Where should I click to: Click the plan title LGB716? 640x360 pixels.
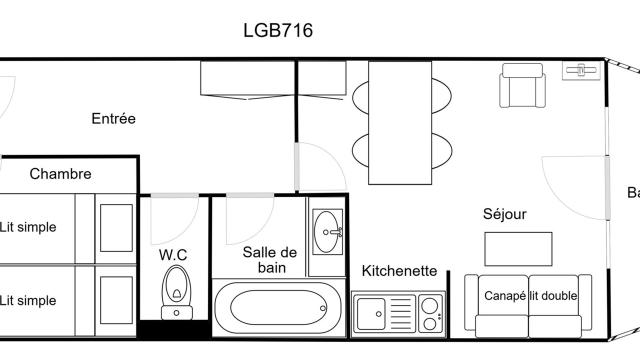click(278, 30)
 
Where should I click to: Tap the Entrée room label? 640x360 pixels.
click(113, 118)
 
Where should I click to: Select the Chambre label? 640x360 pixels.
click(60, 173)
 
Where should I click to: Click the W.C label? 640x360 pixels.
click(173, 255)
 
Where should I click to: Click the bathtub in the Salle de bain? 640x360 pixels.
click(277, 308)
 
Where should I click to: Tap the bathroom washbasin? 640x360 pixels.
click(327, 231)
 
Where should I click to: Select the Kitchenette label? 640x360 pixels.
click(399, 271)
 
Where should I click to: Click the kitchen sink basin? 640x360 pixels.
click(371, 313)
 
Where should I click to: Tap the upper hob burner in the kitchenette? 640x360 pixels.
click(429, 305)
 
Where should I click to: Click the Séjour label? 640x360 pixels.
click(504, 214)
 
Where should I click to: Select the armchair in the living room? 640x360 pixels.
click(522, 85)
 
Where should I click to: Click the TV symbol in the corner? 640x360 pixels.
click(581, 70)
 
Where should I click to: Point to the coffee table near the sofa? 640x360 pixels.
click(518, 249)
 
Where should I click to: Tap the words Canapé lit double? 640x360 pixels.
click(530, 296)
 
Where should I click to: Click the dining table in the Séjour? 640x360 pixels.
click(400, 123)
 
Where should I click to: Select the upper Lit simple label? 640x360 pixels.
click(28, 227)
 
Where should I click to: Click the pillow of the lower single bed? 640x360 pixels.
click(116, 300)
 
